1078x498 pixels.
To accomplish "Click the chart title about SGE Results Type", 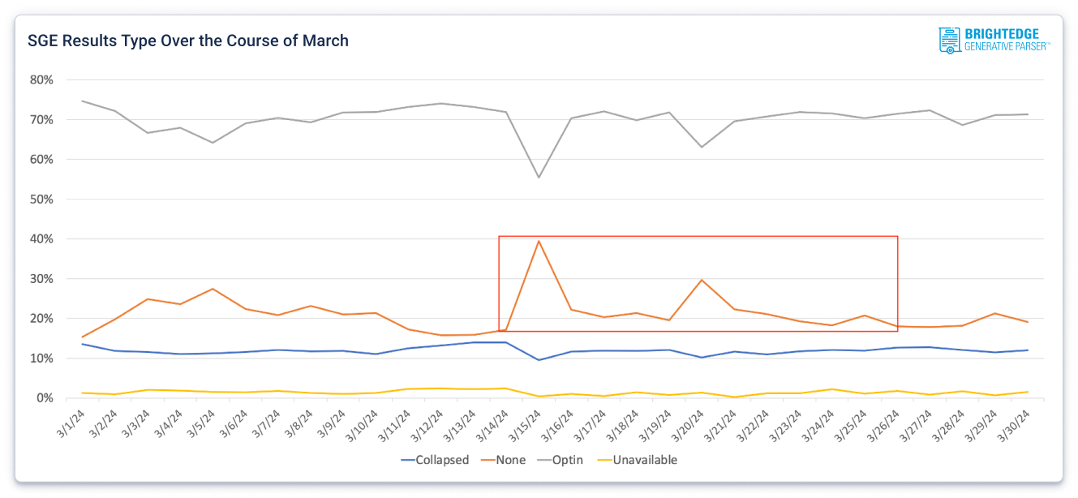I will point(188,41).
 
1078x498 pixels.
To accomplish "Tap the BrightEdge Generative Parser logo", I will point(994,40).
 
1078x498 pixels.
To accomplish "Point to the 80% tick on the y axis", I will point(41,79).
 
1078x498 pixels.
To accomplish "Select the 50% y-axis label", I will point(41,200).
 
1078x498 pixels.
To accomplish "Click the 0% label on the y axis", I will point(45,398).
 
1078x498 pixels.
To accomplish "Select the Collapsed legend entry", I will point(436,460).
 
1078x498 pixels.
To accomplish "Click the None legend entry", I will point(504,460).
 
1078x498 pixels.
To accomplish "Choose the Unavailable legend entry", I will point(638,460).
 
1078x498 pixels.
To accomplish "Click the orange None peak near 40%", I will point(539,241).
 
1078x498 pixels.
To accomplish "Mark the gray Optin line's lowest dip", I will point(539,178).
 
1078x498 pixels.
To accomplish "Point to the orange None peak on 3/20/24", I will point(702,280).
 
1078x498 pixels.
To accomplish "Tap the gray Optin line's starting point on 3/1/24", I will point(82,101).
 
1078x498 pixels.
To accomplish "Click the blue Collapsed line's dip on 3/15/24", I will point(539,360).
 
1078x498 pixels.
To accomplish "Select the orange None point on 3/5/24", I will point(213,289).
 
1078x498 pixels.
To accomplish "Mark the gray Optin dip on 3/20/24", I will point(702,147).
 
